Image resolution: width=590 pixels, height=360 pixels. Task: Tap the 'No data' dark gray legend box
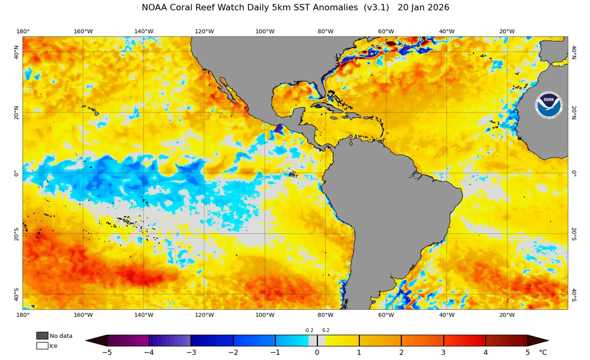point(42,336)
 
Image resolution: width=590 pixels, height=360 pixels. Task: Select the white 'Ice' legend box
point(42,345)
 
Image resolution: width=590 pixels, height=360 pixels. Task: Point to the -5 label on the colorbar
point(107,353)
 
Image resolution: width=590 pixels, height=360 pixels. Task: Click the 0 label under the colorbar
point(317,353)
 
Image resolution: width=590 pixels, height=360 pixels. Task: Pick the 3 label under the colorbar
point(444,353)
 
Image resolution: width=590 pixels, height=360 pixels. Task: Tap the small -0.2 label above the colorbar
point(309,330)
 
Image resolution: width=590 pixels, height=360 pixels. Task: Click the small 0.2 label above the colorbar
point(326,330)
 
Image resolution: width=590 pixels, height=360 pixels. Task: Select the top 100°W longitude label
point(265,31)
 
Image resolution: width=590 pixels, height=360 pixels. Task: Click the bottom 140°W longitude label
point(143,315)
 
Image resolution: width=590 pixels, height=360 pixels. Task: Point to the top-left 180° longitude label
point(23,31)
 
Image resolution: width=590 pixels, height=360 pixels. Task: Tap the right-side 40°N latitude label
point(573,53)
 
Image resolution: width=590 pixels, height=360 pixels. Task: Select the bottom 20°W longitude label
point(507,315)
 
